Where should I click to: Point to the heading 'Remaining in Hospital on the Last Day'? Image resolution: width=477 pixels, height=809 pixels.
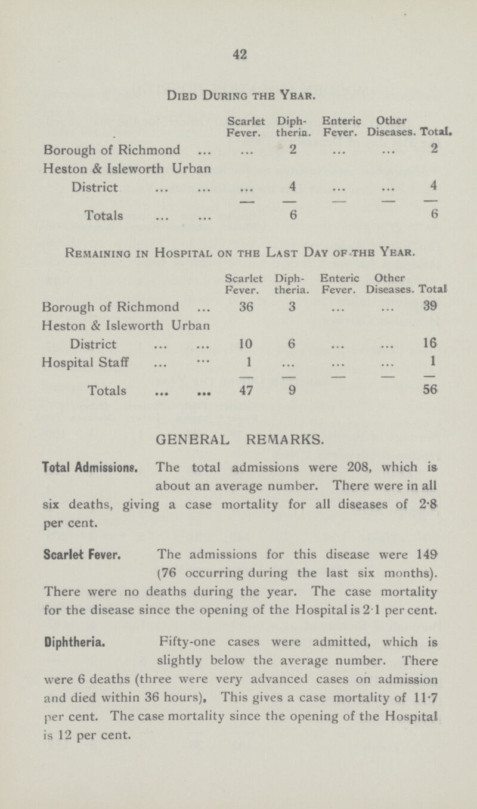click(238, 254)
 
